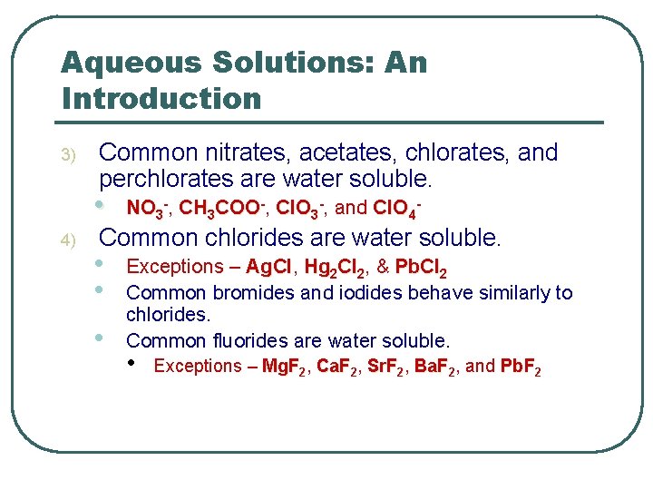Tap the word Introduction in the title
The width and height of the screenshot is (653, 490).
click(161, 98)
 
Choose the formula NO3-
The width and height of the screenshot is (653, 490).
click(147, 209)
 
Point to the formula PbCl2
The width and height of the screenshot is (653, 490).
click(420, 268)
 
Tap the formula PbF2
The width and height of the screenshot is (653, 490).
click(521, 367)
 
